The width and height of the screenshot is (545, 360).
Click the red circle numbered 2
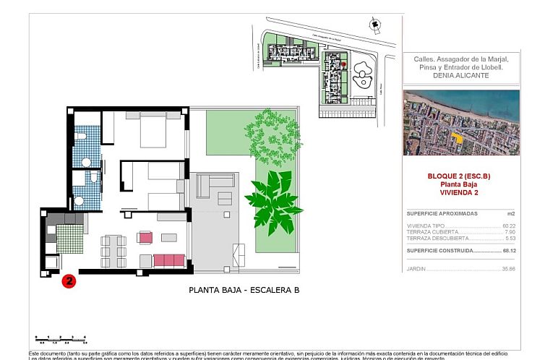tap(69, 280)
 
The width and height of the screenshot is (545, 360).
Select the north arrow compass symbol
tap(374, 25)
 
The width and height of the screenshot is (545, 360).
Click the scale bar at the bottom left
tap(61, 338)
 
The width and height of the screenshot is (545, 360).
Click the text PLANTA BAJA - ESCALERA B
tap(244, 291)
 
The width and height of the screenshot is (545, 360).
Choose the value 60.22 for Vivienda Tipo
tap(509, 226)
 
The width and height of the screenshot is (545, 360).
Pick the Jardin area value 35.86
tap(509, 269)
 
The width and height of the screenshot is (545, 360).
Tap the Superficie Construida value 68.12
tap(509, 250)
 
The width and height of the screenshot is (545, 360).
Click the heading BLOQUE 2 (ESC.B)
tap(460, 176)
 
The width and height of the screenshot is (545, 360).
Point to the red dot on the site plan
tap(344, 65)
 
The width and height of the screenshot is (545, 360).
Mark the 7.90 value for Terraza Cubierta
tap(510, 232)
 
